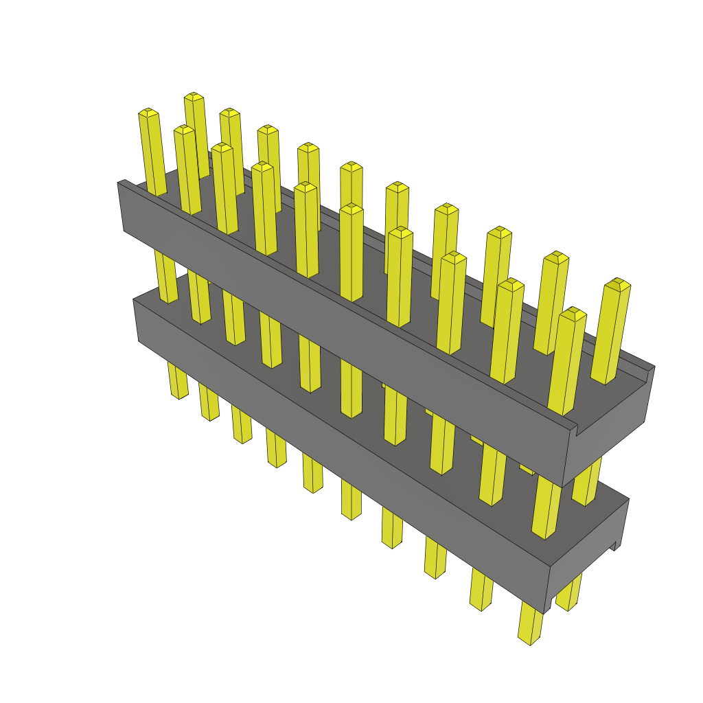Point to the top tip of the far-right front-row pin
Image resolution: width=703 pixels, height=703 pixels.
pos(571,312)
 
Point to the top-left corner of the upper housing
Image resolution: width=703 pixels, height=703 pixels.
pos(119,183)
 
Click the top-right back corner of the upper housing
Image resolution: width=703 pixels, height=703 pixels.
pos(654,367)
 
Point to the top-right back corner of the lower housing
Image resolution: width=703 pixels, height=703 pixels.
pos(628,499)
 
